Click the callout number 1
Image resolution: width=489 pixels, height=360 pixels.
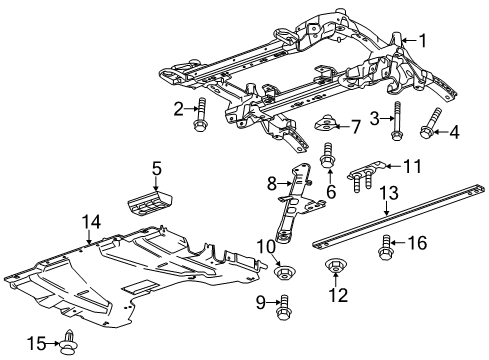pos(423,41)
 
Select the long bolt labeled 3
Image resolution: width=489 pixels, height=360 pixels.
pos(398,122)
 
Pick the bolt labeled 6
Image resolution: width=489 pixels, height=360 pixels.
pos(327,157)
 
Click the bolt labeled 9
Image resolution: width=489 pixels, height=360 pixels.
pos(285,305)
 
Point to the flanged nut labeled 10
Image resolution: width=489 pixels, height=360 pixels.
pos(284,272)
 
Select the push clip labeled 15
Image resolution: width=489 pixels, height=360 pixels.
pos(69,343)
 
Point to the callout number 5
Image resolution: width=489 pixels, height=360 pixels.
pos(156,167)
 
